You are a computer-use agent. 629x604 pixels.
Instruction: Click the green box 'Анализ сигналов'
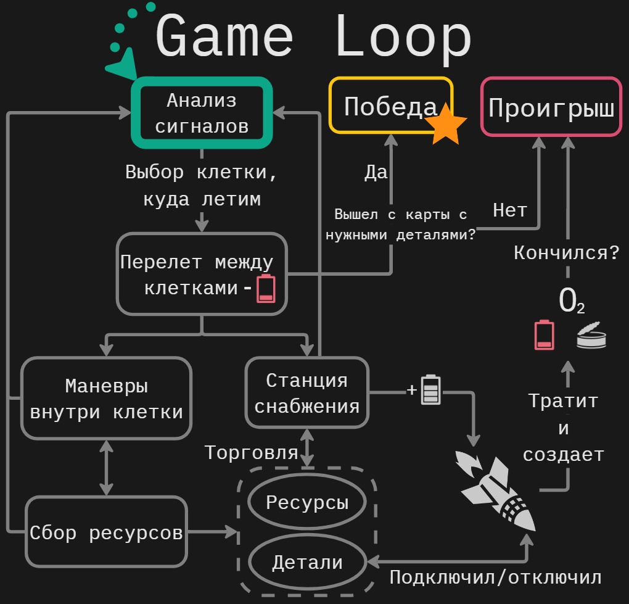[202, 113]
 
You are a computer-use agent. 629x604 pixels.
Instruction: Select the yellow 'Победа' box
[390, 106]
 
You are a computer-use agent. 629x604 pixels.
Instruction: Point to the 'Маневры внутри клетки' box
[106, 399]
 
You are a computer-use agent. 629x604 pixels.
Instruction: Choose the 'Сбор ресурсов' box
[106, 532]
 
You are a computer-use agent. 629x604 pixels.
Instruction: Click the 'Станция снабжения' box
[306, 393]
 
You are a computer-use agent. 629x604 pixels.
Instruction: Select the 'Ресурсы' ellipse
[306, 502]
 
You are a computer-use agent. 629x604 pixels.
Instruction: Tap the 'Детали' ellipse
[306, 562]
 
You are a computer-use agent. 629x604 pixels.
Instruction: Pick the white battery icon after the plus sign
[431, 390]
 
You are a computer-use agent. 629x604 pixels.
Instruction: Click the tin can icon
[591, 338]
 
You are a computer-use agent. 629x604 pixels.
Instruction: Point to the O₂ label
[571, 302]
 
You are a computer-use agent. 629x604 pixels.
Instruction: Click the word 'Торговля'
[251, 453]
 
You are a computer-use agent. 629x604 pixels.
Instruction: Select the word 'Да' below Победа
[376, 173]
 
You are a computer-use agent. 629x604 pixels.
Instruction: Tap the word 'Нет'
[509, 211]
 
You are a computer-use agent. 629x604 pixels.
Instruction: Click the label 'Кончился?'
[566, 252]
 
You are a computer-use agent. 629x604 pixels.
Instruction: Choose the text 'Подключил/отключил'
[495, 577]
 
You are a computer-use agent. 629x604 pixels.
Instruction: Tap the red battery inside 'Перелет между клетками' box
[266, 289]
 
